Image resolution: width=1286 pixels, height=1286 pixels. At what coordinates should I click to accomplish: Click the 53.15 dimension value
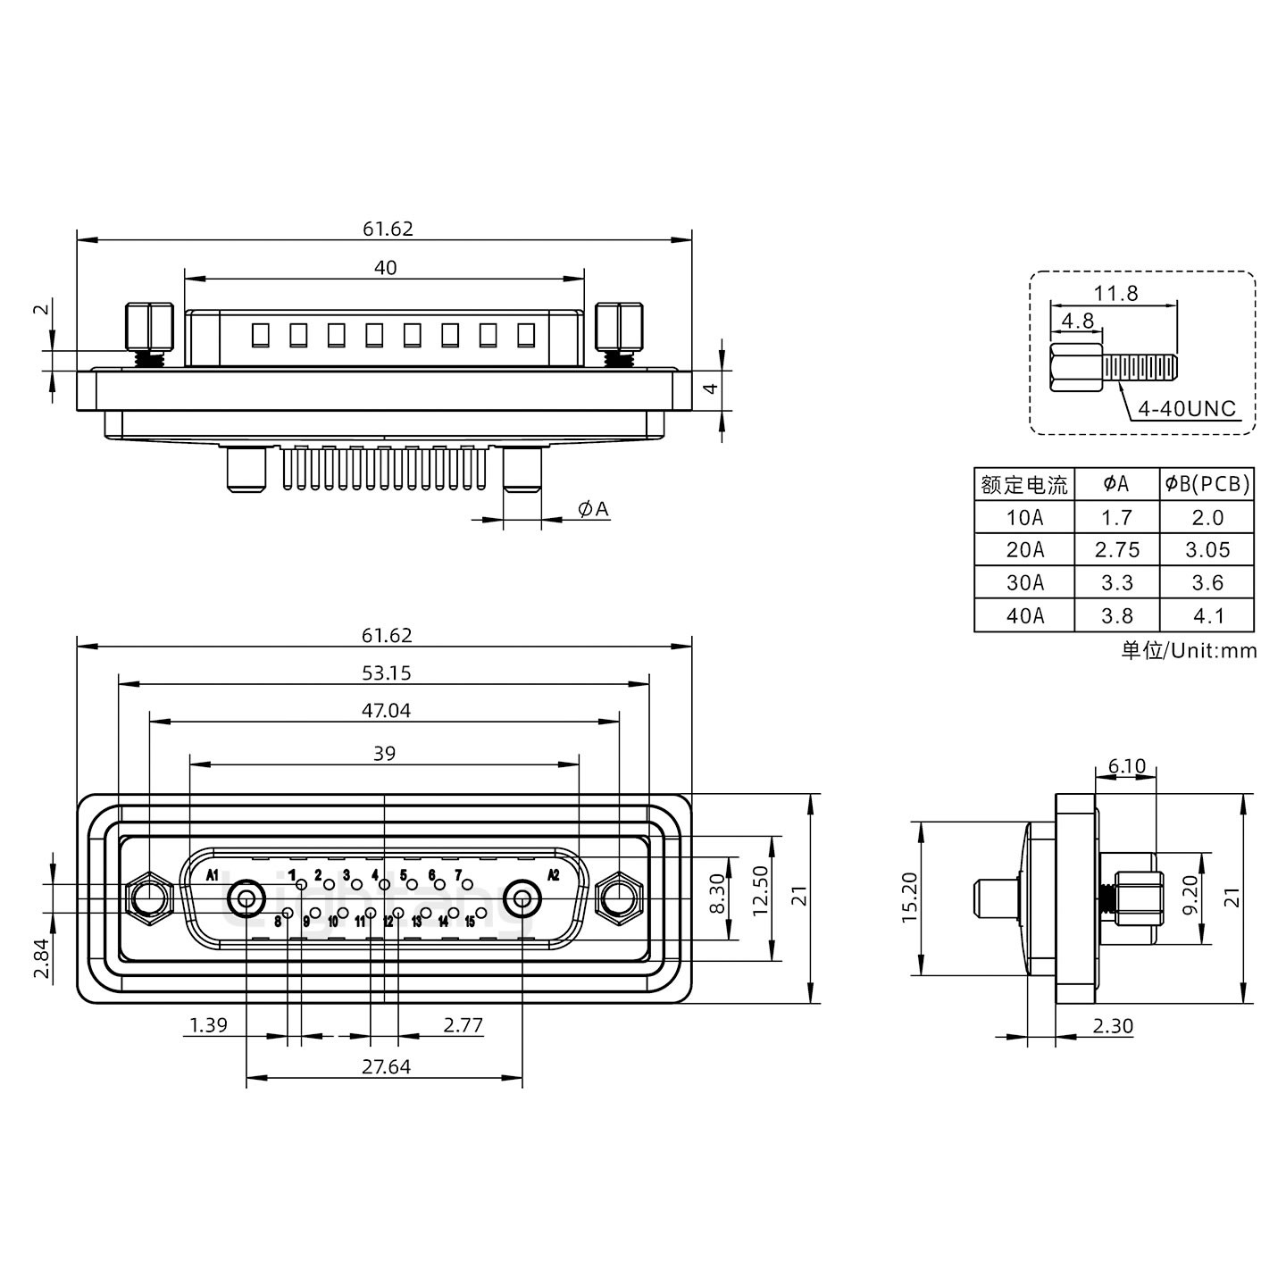click(386, 673)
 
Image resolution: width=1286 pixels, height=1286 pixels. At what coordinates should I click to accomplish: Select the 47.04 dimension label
click(386, 711)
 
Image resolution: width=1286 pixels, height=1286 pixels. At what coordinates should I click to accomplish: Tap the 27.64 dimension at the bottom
click(386, 1066)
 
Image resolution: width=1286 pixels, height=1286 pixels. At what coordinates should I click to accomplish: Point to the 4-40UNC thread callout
click(1187, 409)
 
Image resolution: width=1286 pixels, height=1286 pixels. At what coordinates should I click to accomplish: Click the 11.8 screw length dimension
click(1115, 293)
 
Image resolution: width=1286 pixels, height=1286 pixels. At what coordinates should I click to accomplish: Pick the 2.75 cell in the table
click(1116, 550)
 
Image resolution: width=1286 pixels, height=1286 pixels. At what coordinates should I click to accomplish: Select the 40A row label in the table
click(1024, 615)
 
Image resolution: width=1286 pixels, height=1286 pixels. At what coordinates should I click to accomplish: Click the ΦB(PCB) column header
click(1207, 484)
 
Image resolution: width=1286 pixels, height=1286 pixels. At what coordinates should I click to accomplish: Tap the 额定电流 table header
click(1024, 485)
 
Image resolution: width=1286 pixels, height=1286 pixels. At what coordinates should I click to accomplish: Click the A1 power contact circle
click(246, 899)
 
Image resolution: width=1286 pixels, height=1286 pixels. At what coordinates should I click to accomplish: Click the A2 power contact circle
click(522, 899)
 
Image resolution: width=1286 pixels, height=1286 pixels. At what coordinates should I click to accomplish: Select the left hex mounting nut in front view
click(149, 898)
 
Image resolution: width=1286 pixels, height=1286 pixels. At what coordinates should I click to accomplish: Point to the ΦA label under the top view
click(593, 509)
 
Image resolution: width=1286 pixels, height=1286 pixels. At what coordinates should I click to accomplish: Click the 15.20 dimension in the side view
click(908, 898)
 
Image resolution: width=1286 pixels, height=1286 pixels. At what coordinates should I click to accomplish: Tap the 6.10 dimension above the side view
click(1125, 766)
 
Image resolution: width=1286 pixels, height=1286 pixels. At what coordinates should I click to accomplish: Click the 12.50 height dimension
click(760, 890)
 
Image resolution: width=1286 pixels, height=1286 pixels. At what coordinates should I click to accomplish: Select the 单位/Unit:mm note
click(1189, 650)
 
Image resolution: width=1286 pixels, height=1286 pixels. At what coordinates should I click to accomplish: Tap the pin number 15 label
click(470, 923)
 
